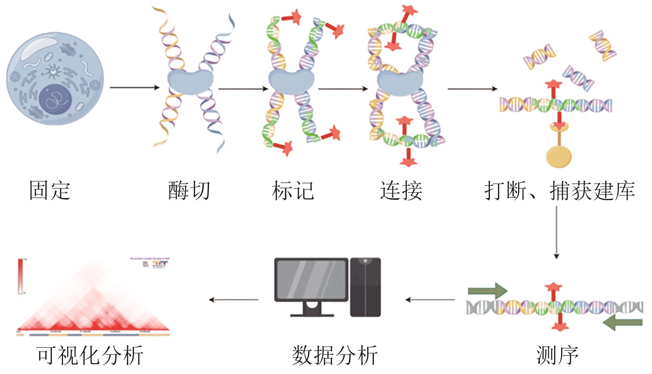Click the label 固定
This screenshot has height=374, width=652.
(x=50, y=191)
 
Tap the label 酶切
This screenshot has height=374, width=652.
(x=189, y=191)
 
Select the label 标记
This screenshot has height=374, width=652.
(x=293, y=191)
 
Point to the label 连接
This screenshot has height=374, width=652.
(x=401, y=191)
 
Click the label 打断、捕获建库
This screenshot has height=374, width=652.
(x=559, y=191)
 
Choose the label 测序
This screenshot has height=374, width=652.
(x=557, y=355)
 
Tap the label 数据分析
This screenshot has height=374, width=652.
(x=334, y=355)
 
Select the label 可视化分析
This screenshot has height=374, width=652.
(x=90, y=355)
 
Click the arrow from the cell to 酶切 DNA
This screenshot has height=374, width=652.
(x=135, y=87)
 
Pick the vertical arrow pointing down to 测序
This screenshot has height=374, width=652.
(x=557, y=233)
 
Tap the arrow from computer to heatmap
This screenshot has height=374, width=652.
(x=233, y=299)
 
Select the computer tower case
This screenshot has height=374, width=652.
(x=365, y=287)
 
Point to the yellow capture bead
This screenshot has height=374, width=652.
(x=559, y=156)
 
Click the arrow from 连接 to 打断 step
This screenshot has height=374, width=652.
(x=472, y=89)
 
